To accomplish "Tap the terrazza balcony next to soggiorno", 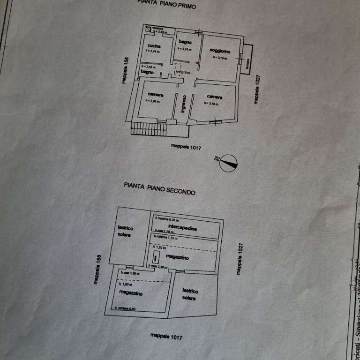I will [x=247, y=55].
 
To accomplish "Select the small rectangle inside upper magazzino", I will [x=155, y=256].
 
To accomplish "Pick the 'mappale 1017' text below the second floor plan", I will [x=166, y=336].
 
